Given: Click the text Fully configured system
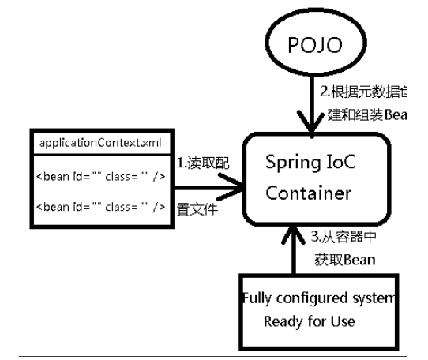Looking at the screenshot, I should pos(317,298).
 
